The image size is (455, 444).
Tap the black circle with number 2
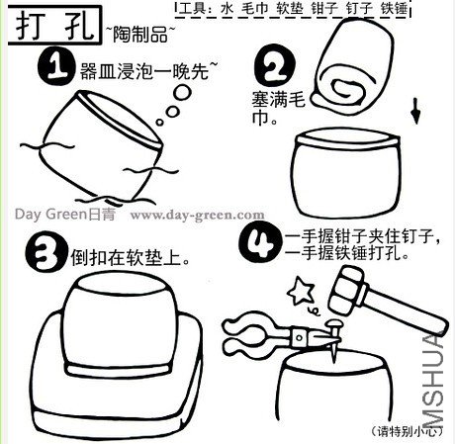(x=275, y=67)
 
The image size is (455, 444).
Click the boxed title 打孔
(x=54, y=25)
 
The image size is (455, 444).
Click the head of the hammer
(x=349, y=291)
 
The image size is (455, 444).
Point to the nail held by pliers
(x=333, y=339)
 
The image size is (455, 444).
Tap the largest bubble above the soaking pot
(x=182, y=93)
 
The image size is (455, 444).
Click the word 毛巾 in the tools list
(x=255, y=8)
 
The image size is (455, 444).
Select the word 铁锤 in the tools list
(x=394, y=8)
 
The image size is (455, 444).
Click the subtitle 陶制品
(x=140, y=34)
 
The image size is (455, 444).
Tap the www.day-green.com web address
(x=197, y=216)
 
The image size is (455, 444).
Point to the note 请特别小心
(x=407, y=431)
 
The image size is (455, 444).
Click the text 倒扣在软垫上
(x=131, y=257)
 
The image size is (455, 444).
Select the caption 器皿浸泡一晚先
(x=148, y=70)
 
